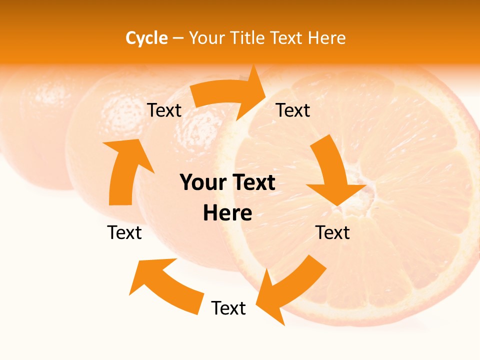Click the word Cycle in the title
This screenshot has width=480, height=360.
146,38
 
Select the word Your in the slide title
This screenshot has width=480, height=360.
206,38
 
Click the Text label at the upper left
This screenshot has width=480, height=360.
164,110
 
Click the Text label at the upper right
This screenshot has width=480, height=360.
293,110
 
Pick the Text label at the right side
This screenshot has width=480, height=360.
332,232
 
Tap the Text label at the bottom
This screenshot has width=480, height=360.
228,308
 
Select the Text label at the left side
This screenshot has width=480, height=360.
124,232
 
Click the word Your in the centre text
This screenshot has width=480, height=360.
203,183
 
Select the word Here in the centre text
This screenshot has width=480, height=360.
227,213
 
